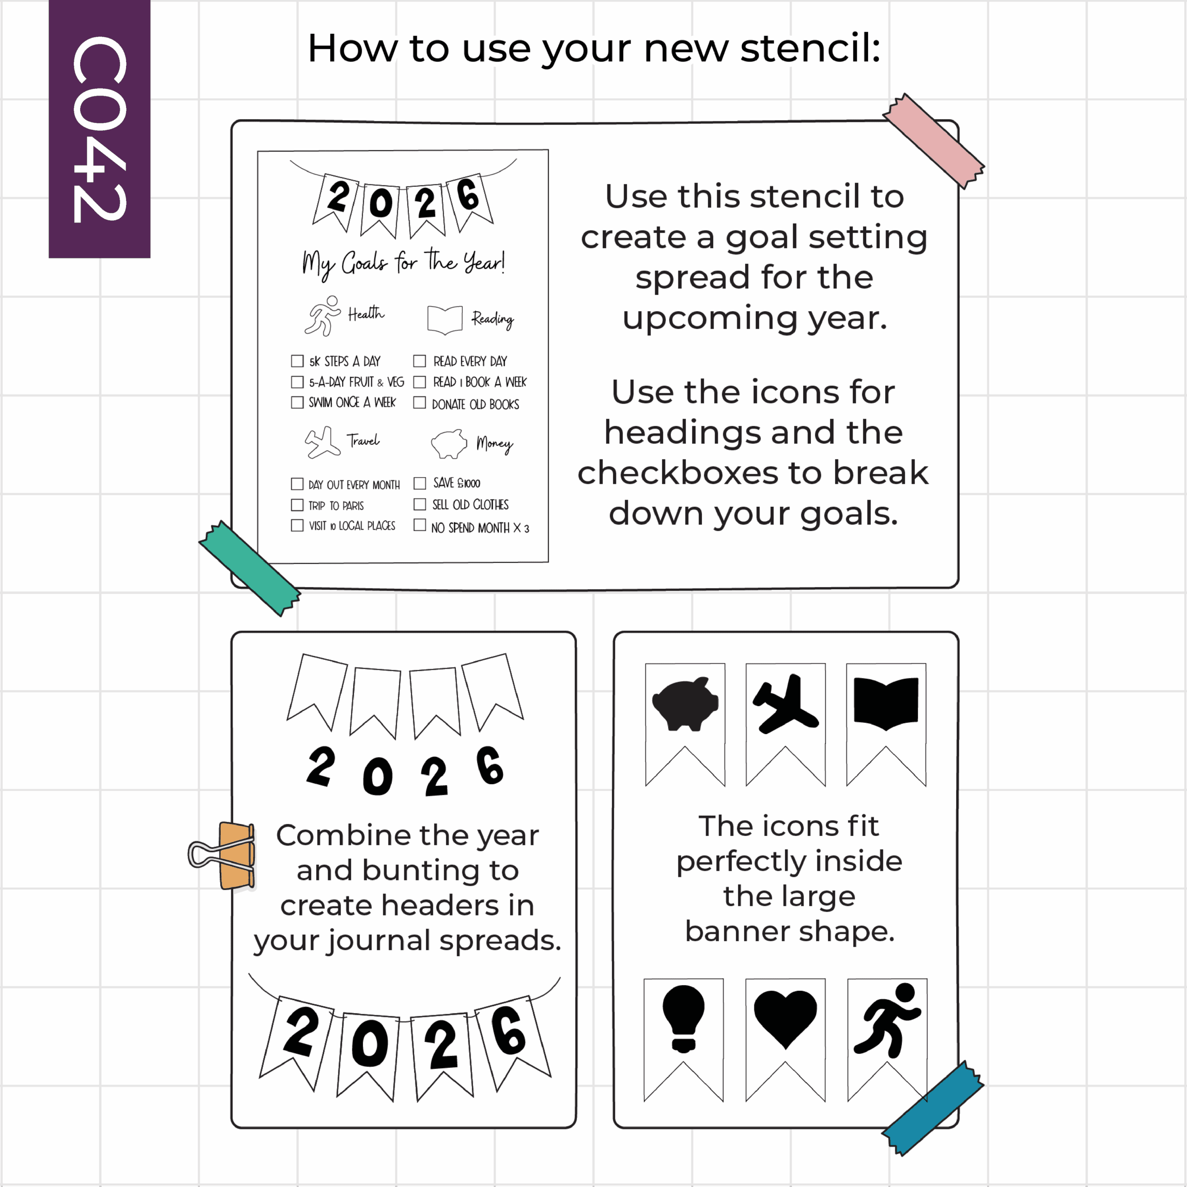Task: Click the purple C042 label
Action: pos(100,128)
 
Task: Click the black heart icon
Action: pos(785,1019)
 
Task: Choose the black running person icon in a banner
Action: pos(887,1019)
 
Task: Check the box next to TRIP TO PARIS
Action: pos(297,505)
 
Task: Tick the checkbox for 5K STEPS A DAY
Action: pos(297,361)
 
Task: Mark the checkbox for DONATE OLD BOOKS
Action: pos(420,403)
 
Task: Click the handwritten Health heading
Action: pos(366,313)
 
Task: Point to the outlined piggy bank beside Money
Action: pos(449,444)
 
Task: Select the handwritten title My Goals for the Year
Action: pos(404,263)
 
